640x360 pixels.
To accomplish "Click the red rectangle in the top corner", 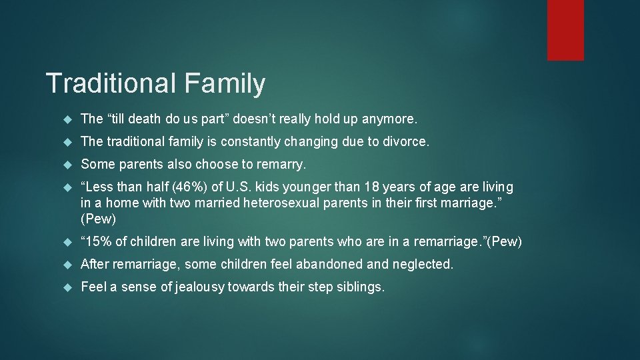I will (565, 30).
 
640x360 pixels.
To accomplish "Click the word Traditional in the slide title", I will (111, 84).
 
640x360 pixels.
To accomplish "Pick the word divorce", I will (407, 142).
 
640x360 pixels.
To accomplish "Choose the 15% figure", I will (100, 241).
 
